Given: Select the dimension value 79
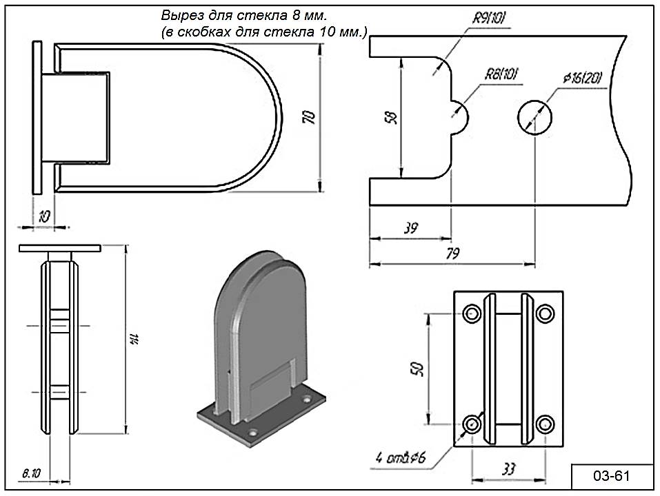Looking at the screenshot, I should (x=452, y=253).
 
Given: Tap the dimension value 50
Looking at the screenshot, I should (x=417, y=369).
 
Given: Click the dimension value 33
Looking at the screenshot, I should (x=508, y=470).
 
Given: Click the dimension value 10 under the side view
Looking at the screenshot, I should (x=43, y=215).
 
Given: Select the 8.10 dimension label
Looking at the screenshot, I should (x=31, y=473).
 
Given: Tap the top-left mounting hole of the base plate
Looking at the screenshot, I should (x=472, y=313).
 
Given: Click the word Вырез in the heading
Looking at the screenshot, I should (x=179, y=15).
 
